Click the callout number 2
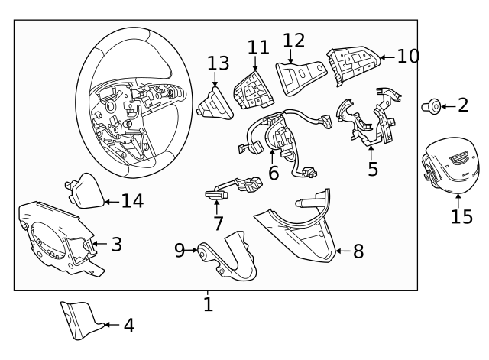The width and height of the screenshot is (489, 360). [463, 105]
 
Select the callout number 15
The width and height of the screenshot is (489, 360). [461, 216]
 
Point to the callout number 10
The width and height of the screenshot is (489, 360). [408, 56]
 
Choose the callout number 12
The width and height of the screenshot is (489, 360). [293, 41]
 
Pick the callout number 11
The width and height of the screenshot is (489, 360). [258, 47]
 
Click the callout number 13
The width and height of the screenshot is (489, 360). [218, 63]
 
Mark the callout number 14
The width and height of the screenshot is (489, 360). [132, 201]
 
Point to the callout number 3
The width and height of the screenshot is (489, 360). [116, 245]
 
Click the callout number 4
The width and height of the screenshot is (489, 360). [128, 326]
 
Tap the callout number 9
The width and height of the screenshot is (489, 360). [180, 250]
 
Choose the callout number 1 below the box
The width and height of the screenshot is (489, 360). [208, 304]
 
